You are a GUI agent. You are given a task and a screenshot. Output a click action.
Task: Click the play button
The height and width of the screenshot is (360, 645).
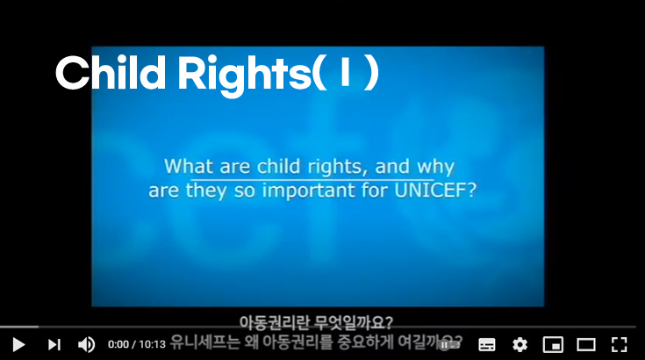point(18,344)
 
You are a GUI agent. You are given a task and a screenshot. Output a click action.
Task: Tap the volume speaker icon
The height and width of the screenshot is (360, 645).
point(86,344)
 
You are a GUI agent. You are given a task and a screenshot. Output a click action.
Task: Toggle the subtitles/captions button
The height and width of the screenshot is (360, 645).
point(487,344)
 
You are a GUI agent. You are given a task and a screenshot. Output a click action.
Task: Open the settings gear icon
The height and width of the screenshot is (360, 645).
point(520,344)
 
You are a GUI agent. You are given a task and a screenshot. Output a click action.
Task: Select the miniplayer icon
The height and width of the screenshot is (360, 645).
point(552,344)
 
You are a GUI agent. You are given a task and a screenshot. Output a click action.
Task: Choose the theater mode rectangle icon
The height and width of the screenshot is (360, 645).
point(585,344)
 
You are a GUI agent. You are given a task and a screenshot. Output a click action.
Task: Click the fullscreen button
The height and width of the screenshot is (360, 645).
point(620,344)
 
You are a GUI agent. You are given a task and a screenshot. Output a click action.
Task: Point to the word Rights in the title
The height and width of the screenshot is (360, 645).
point(239,74)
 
